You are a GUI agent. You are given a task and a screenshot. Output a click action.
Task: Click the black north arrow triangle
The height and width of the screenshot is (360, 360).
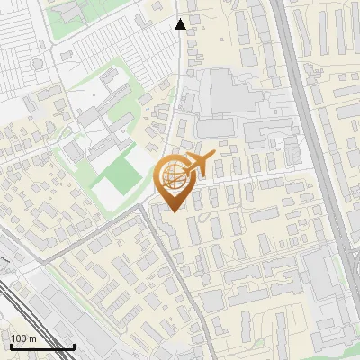pyautogui.click(x=181, y=24)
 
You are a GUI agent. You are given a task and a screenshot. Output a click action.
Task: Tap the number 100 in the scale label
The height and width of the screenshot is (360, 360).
pyautogui.click(x=19, y=338)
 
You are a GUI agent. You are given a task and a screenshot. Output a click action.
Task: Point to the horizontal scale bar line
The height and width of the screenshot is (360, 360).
pyautogui.click(x=41, y=347)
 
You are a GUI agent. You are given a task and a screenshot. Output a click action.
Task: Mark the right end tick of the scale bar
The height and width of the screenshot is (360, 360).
pyautogui.click(x=74, y=346)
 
